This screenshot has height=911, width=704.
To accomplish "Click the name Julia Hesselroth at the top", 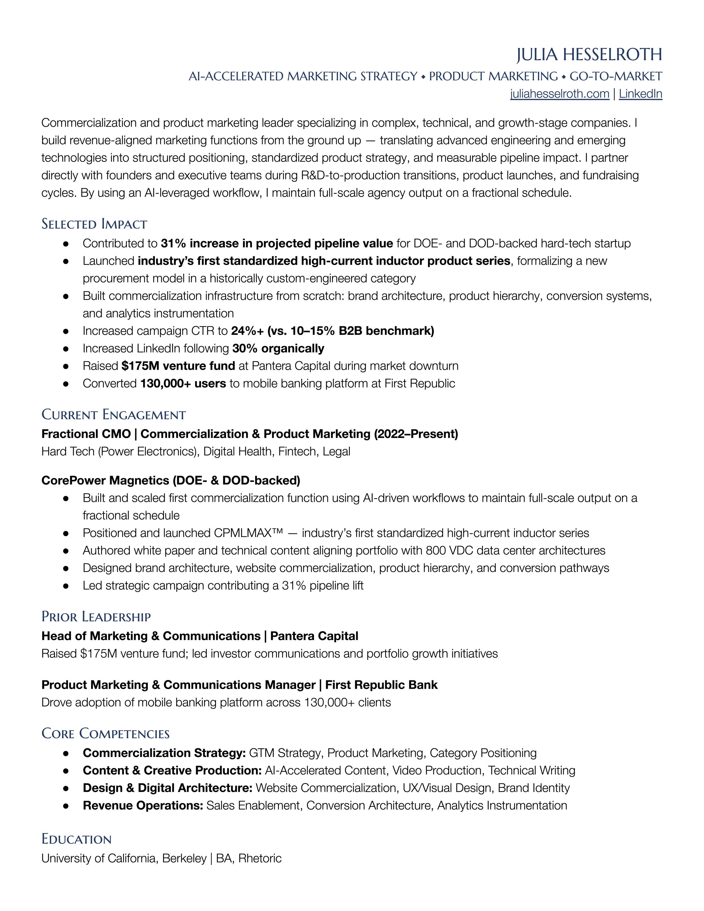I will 589,55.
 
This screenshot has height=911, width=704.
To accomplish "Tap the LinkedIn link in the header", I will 640,94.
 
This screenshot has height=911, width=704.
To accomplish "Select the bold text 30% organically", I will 278,348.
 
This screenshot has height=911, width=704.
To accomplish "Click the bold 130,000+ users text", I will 183,383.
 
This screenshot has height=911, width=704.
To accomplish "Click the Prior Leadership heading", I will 96,616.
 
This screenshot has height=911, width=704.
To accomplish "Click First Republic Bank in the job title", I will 381,685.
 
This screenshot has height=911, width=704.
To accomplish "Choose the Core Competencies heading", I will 106,733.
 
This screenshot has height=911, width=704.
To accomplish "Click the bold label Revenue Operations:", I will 143,805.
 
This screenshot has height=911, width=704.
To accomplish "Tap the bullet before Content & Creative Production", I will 66,771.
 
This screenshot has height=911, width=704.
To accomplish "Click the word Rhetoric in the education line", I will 260,858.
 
